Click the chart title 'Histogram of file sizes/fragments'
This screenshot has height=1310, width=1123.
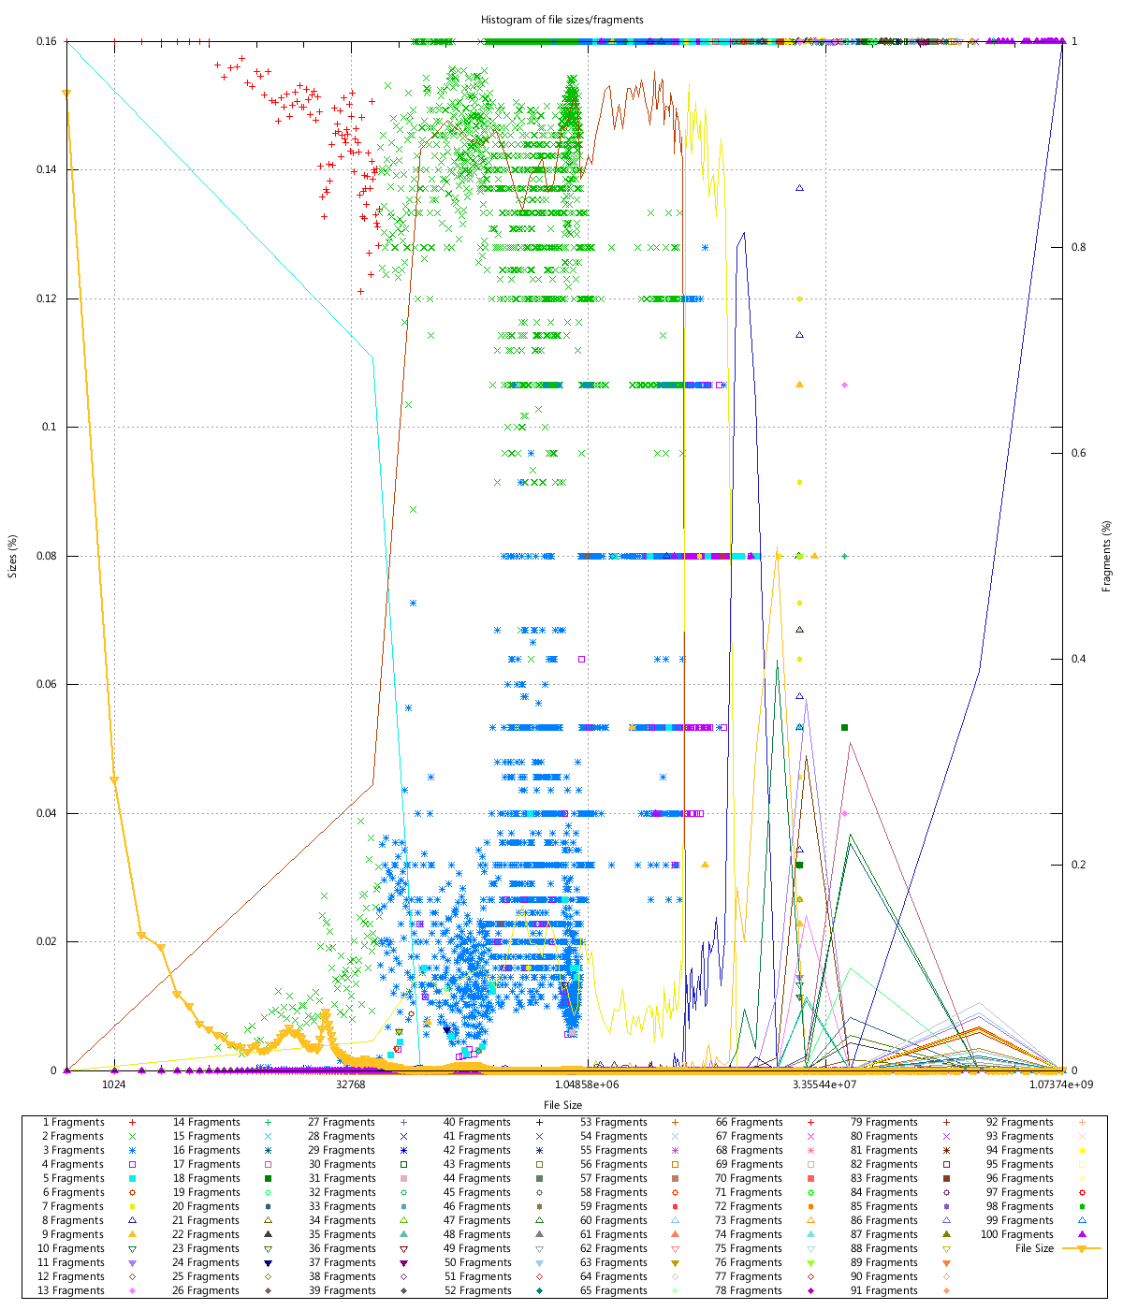(561, 19)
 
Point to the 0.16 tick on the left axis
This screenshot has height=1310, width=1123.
(47, 41)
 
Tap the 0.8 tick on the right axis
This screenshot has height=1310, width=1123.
(1079, 247)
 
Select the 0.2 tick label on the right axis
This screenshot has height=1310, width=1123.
(1079, 865)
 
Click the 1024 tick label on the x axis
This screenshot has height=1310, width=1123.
(114, 1084)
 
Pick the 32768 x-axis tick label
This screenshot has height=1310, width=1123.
(351, 1084)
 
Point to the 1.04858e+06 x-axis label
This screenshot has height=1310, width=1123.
(588, 1084)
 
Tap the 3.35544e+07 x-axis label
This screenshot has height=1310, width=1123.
(824, 1084)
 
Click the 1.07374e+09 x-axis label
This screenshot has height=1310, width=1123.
(1061, 1084)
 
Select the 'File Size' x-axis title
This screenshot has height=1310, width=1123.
(561, 1105)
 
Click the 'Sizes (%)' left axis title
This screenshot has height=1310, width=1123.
(13, 556)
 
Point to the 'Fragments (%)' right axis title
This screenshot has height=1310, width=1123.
(1107, 556)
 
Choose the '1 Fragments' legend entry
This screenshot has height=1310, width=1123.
(74, 1122)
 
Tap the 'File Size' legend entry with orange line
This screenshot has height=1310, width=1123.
(1034, 1248)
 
